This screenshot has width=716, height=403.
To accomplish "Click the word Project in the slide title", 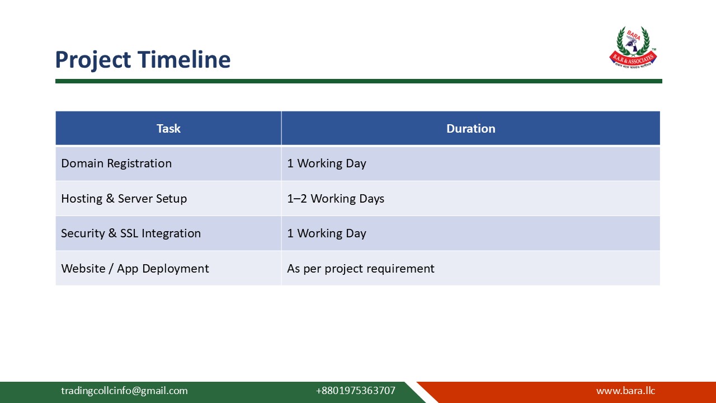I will pos(93,60).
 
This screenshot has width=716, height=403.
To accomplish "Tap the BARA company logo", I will pos(633,48).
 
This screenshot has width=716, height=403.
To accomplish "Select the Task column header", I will pos(168,129).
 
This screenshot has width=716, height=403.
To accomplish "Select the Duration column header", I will pos(470,129).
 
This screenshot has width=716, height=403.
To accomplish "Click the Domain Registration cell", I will pos(116,163).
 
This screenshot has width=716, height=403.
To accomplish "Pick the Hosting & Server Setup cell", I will pos(124,199).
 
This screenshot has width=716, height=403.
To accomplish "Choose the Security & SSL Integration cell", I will pos(131,233).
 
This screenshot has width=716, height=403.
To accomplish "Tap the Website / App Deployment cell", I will pos(135,269).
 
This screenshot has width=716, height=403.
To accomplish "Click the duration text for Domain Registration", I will pos(327,163).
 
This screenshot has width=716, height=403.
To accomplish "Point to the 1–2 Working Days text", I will pos(336,199).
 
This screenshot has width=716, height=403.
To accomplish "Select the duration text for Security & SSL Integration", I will pos(327,233).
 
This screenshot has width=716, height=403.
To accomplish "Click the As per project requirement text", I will pos(361,269).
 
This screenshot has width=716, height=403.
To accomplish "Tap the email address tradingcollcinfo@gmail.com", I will pos(124,391).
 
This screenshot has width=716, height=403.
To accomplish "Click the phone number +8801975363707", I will pos(355,391).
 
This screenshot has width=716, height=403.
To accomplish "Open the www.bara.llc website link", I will pos(625,391).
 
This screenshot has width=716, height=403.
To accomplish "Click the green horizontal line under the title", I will pos(358,81).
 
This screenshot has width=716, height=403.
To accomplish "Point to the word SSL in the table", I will pos(130,233).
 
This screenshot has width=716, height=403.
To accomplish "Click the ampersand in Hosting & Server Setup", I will pos(110,199).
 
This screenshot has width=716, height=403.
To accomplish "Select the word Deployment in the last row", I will pos(175,269).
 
